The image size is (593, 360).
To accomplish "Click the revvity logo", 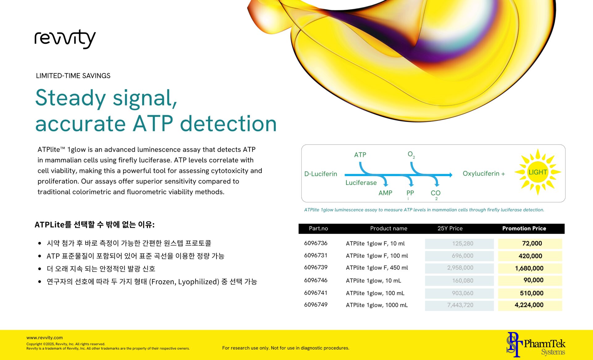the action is [65, 39].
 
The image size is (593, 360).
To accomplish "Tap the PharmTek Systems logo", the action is [536, 345].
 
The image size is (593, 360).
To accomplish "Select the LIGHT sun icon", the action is [538, 172].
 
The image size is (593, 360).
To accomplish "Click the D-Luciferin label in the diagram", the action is [321, 174].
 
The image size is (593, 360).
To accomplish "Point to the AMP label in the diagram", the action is [385, 193].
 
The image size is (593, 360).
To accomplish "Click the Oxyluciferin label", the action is [481, 174].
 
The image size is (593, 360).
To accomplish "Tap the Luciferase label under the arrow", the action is [361, 183].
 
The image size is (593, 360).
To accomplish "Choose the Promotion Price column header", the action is [524, 228].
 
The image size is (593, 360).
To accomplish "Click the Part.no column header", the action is [318, 228].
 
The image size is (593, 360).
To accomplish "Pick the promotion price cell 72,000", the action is [532, 243].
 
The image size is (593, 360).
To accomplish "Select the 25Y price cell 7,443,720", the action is [460, 305].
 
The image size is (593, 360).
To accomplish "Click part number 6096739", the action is [316, 267].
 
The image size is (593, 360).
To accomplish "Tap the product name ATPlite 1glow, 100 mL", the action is [375, 293].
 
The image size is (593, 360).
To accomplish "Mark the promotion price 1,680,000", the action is [529, 268].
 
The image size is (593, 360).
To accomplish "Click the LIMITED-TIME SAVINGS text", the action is [73, 76].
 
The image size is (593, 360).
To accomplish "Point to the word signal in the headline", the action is [145, 98].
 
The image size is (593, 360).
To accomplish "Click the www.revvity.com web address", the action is [44, 338].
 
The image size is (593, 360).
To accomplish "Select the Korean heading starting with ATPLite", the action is [95, 224].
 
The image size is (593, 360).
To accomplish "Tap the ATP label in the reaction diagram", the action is [360, 155].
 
